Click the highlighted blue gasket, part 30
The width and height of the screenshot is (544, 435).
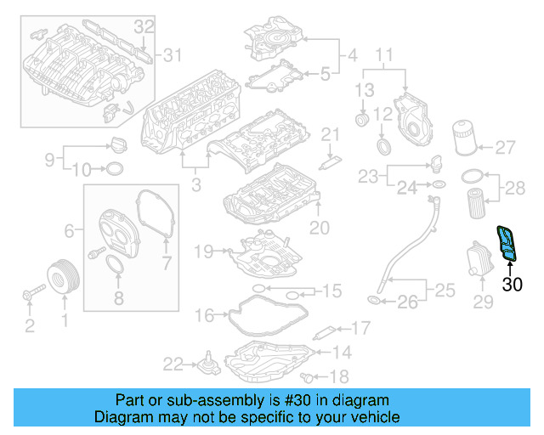pyautogui.click(x=507, y=243)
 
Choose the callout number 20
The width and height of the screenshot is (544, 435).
pyautogui.click(x=319, y=228)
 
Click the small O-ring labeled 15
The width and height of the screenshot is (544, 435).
pyautogui.click(x=292, y=293)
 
